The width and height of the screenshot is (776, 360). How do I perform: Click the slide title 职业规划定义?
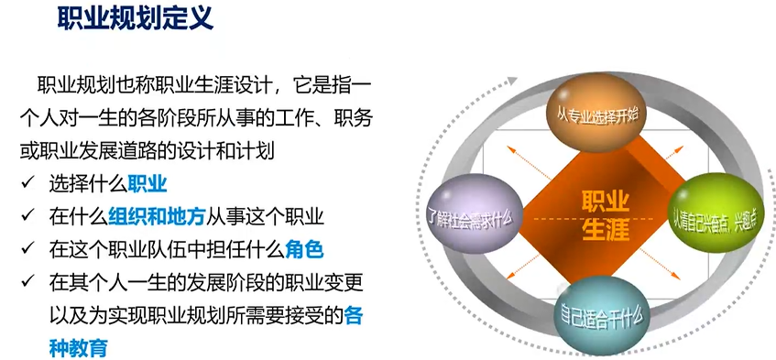point(136,19)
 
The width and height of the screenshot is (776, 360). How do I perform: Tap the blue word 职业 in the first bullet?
point(148,185)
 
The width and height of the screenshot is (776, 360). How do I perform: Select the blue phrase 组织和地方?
point(157,218)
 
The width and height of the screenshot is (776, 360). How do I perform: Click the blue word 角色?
point(304,251)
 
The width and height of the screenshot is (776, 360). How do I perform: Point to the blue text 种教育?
point(79,348)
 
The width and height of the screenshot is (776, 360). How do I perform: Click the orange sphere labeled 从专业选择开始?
point(593,113)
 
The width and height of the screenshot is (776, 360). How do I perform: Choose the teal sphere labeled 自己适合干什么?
point(601,314)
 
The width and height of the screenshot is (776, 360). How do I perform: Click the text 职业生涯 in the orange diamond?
point(605,216)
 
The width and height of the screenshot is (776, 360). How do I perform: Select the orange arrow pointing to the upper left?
point(529,162)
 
